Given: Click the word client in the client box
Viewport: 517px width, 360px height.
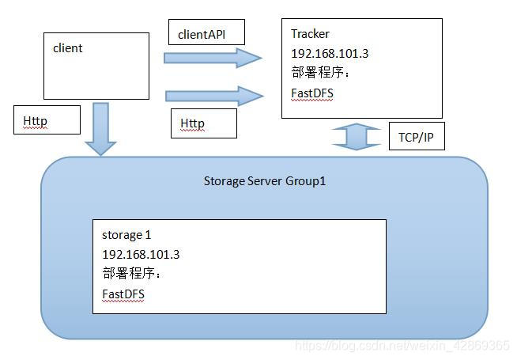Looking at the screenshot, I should (68, 48).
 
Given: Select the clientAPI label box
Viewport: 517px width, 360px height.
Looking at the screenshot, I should (206, 32).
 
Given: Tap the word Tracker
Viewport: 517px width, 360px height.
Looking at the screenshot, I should (310, 34).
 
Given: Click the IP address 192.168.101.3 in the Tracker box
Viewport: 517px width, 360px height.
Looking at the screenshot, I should (330, 55).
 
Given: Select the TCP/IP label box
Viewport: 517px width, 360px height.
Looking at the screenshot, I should (417, 136).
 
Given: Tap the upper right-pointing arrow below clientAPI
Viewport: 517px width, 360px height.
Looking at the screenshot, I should (212, 57).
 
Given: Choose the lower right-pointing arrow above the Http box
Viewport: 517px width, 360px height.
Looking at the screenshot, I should (213, 96).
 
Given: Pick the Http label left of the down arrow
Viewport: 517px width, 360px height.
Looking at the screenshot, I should (36, 121).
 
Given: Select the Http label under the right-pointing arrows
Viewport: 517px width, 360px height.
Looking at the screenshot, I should (193, 124).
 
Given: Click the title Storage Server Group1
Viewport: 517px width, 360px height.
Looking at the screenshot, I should (265, 181).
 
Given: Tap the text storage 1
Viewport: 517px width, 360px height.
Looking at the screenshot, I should (126, 235).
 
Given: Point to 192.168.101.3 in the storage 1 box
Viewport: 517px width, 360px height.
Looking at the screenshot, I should (141, 255).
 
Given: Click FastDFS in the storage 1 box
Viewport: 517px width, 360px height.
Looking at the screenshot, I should (123, 294).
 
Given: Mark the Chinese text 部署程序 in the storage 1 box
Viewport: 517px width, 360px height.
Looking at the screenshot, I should (131, 274).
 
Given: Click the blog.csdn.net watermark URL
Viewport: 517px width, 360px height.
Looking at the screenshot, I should (402, 347).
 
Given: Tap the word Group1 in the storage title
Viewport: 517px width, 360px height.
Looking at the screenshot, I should (309, 181).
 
